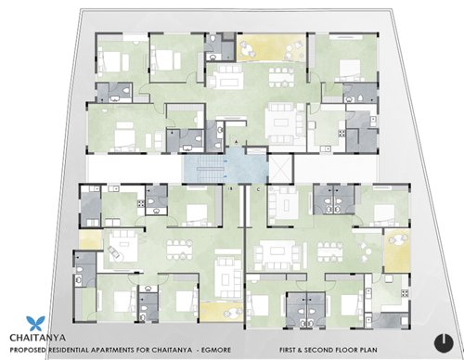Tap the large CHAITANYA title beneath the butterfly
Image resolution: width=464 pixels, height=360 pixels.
coord(36,337)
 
